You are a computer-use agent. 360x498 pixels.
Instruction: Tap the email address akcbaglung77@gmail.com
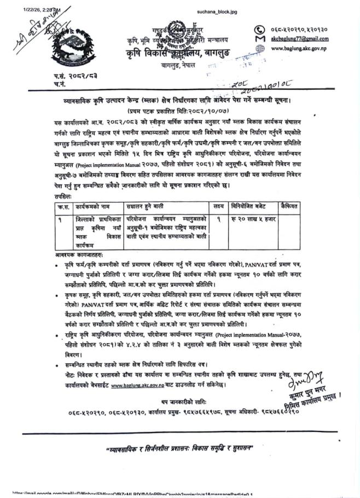pos(300,39)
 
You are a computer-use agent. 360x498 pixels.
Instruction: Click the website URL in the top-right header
pos(300,48)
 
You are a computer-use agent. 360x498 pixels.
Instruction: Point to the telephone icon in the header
pos(260,29)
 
